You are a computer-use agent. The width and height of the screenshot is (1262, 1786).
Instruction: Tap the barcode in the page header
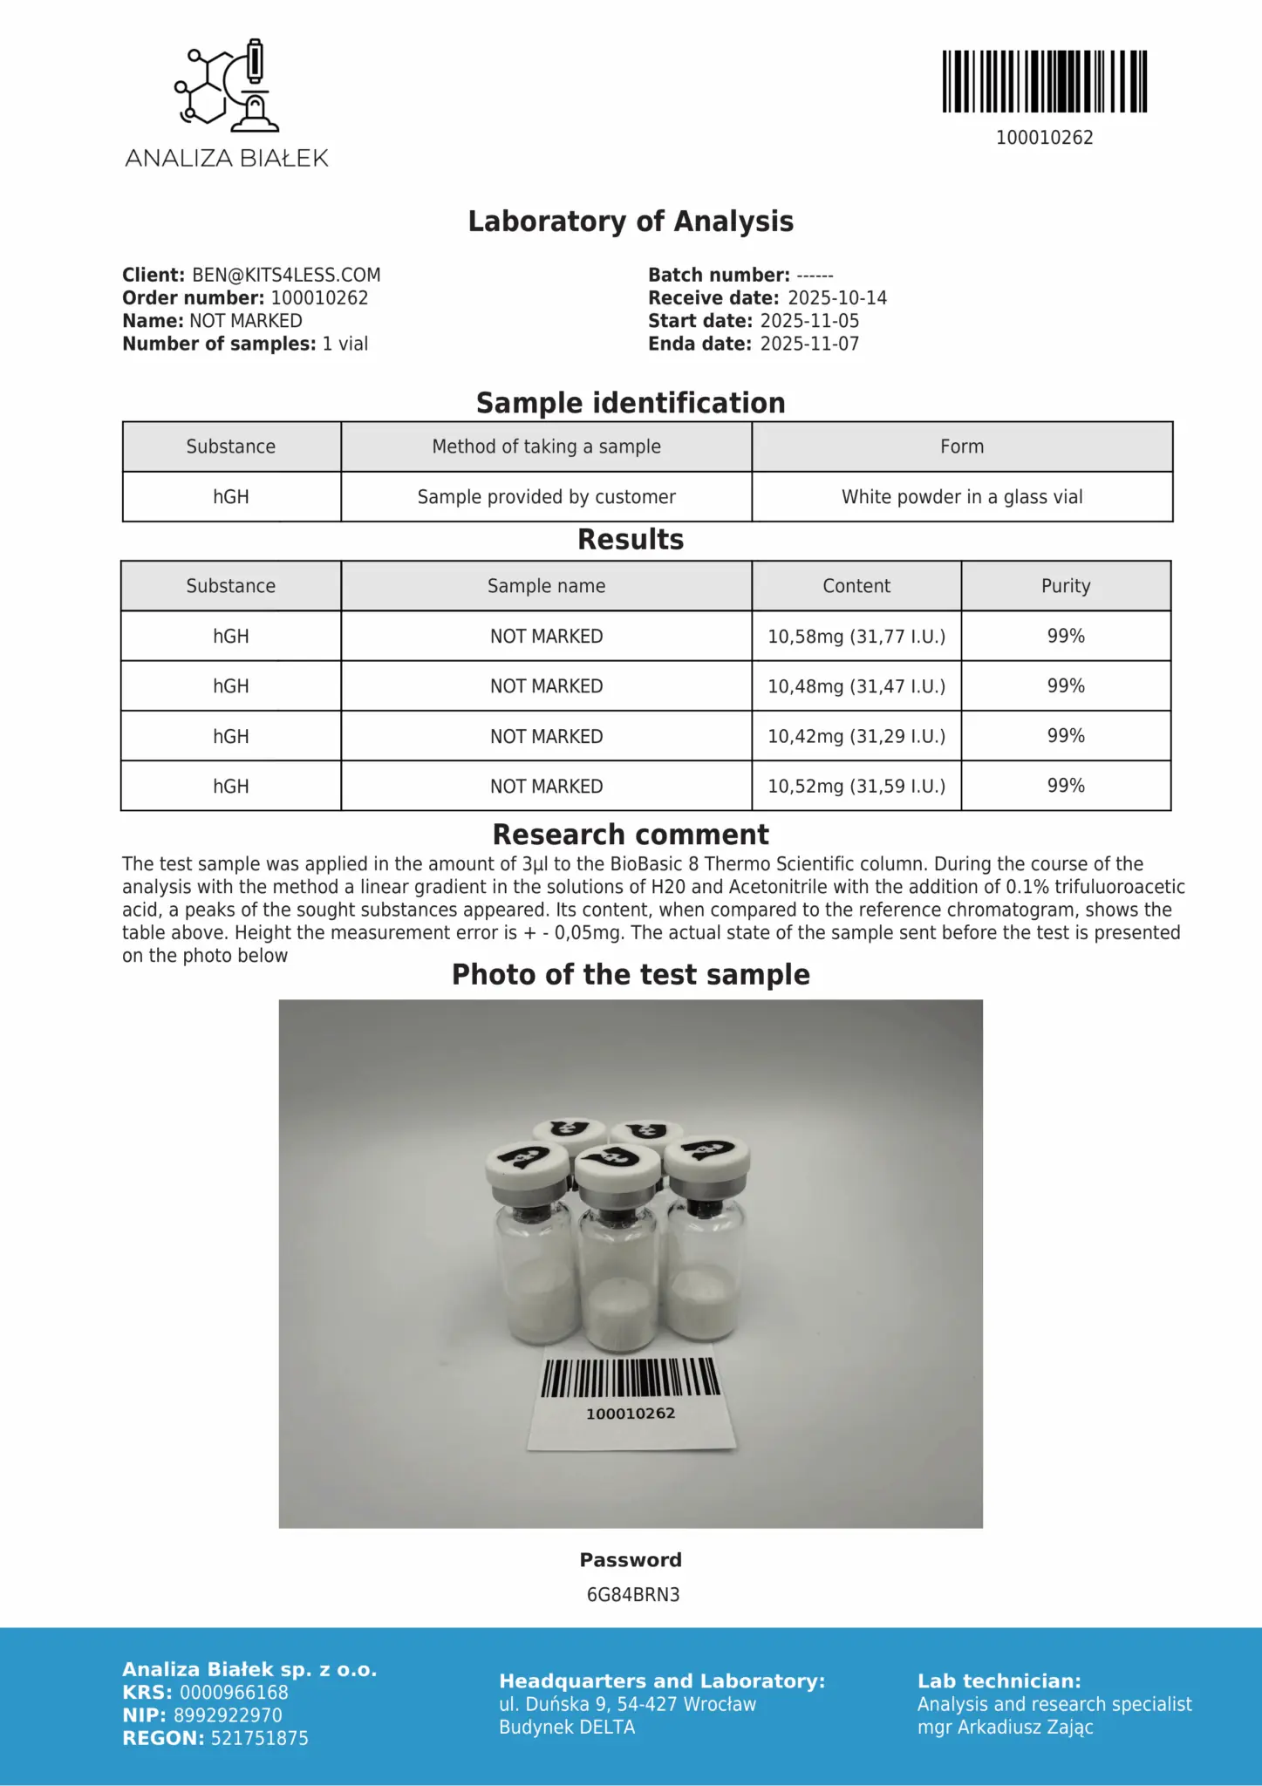pyautogui.click(x=1044, y=82)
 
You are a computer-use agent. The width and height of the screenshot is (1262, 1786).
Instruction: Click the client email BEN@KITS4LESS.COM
pyautogui.click(x=286, y=275)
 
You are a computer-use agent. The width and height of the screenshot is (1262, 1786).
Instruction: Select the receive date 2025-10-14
pyautogui.click(x=836, y=298)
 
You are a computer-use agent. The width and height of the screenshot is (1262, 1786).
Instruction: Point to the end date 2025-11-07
pyautogui.click(x=808, y=344)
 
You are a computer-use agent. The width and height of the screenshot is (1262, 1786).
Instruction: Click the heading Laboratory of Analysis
pyautogui.click(x=631, y=222)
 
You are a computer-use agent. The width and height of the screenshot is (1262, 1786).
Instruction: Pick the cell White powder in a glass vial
pyautogui.click(x=961, y=497)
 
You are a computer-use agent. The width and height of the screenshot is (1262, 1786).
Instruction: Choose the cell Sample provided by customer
pyautogui.click(x=546, y=497)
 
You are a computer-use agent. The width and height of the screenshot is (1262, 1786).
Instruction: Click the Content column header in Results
pyautogui.click(x=856, y=586)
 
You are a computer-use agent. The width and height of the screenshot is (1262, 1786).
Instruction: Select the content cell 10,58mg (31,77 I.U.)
pyautogui.click(x=856, y=637)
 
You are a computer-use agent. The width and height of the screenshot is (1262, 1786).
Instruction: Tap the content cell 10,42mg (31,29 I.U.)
pyautogui.click(x=856, y=736)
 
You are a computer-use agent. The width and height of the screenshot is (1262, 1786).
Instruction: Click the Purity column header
pyautogui.click(x=1065, y=586)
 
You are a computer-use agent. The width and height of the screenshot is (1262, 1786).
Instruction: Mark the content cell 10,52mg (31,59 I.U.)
pyautogui.click(x=856, y=787)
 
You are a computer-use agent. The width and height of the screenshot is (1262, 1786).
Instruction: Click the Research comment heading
pyautogui.click(x=631, y=835)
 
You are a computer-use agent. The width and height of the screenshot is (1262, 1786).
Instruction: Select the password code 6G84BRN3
pyautogui.click(x=632, y=1594)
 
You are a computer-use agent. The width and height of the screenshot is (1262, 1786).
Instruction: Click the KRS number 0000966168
pyautogui.click(x=234, y=1693)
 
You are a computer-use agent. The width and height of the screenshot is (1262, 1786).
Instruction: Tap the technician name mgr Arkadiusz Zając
pyautogui.click(x=1005, y=1727)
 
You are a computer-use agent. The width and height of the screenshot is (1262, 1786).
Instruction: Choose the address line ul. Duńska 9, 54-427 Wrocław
pyautogui.click(x=627, y=1704)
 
